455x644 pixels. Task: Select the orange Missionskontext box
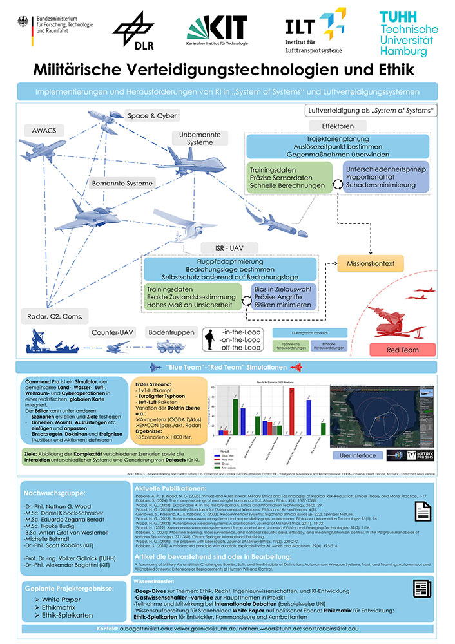371,263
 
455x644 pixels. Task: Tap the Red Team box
397,348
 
